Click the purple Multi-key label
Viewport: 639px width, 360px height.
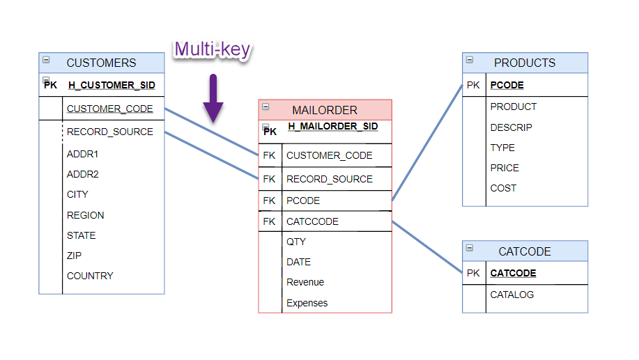point(212,49)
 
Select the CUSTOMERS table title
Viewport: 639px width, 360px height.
point(101,63)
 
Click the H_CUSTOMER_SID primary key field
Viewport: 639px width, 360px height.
point(111,86)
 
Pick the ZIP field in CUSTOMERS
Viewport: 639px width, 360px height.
point(74,256)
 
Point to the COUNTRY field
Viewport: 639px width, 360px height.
point(90,276)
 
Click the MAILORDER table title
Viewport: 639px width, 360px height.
point(325,110)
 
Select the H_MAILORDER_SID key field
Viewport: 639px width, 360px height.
point(333,127)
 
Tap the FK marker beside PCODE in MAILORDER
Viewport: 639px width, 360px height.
point(269,201)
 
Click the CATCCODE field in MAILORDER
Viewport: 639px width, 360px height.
point(312,221)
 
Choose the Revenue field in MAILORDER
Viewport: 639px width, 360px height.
point(305,282)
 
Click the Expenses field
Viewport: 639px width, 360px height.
point(307,303)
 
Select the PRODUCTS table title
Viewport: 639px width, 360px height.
point(525,63)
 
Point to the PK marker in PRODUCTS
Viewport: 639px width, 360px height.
point(473,86)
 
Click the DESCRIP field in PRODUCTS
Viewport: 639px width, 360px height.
point(511,127)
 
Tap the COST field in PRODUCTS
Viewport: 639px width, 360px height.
point(503,188)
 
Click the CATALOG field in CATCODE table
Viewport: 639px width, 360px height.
point(512,295)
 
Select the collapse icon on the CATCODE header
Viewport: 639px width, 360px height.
point(469,248)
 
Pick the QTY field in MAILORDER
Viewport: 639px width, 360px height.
point(296,242)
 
